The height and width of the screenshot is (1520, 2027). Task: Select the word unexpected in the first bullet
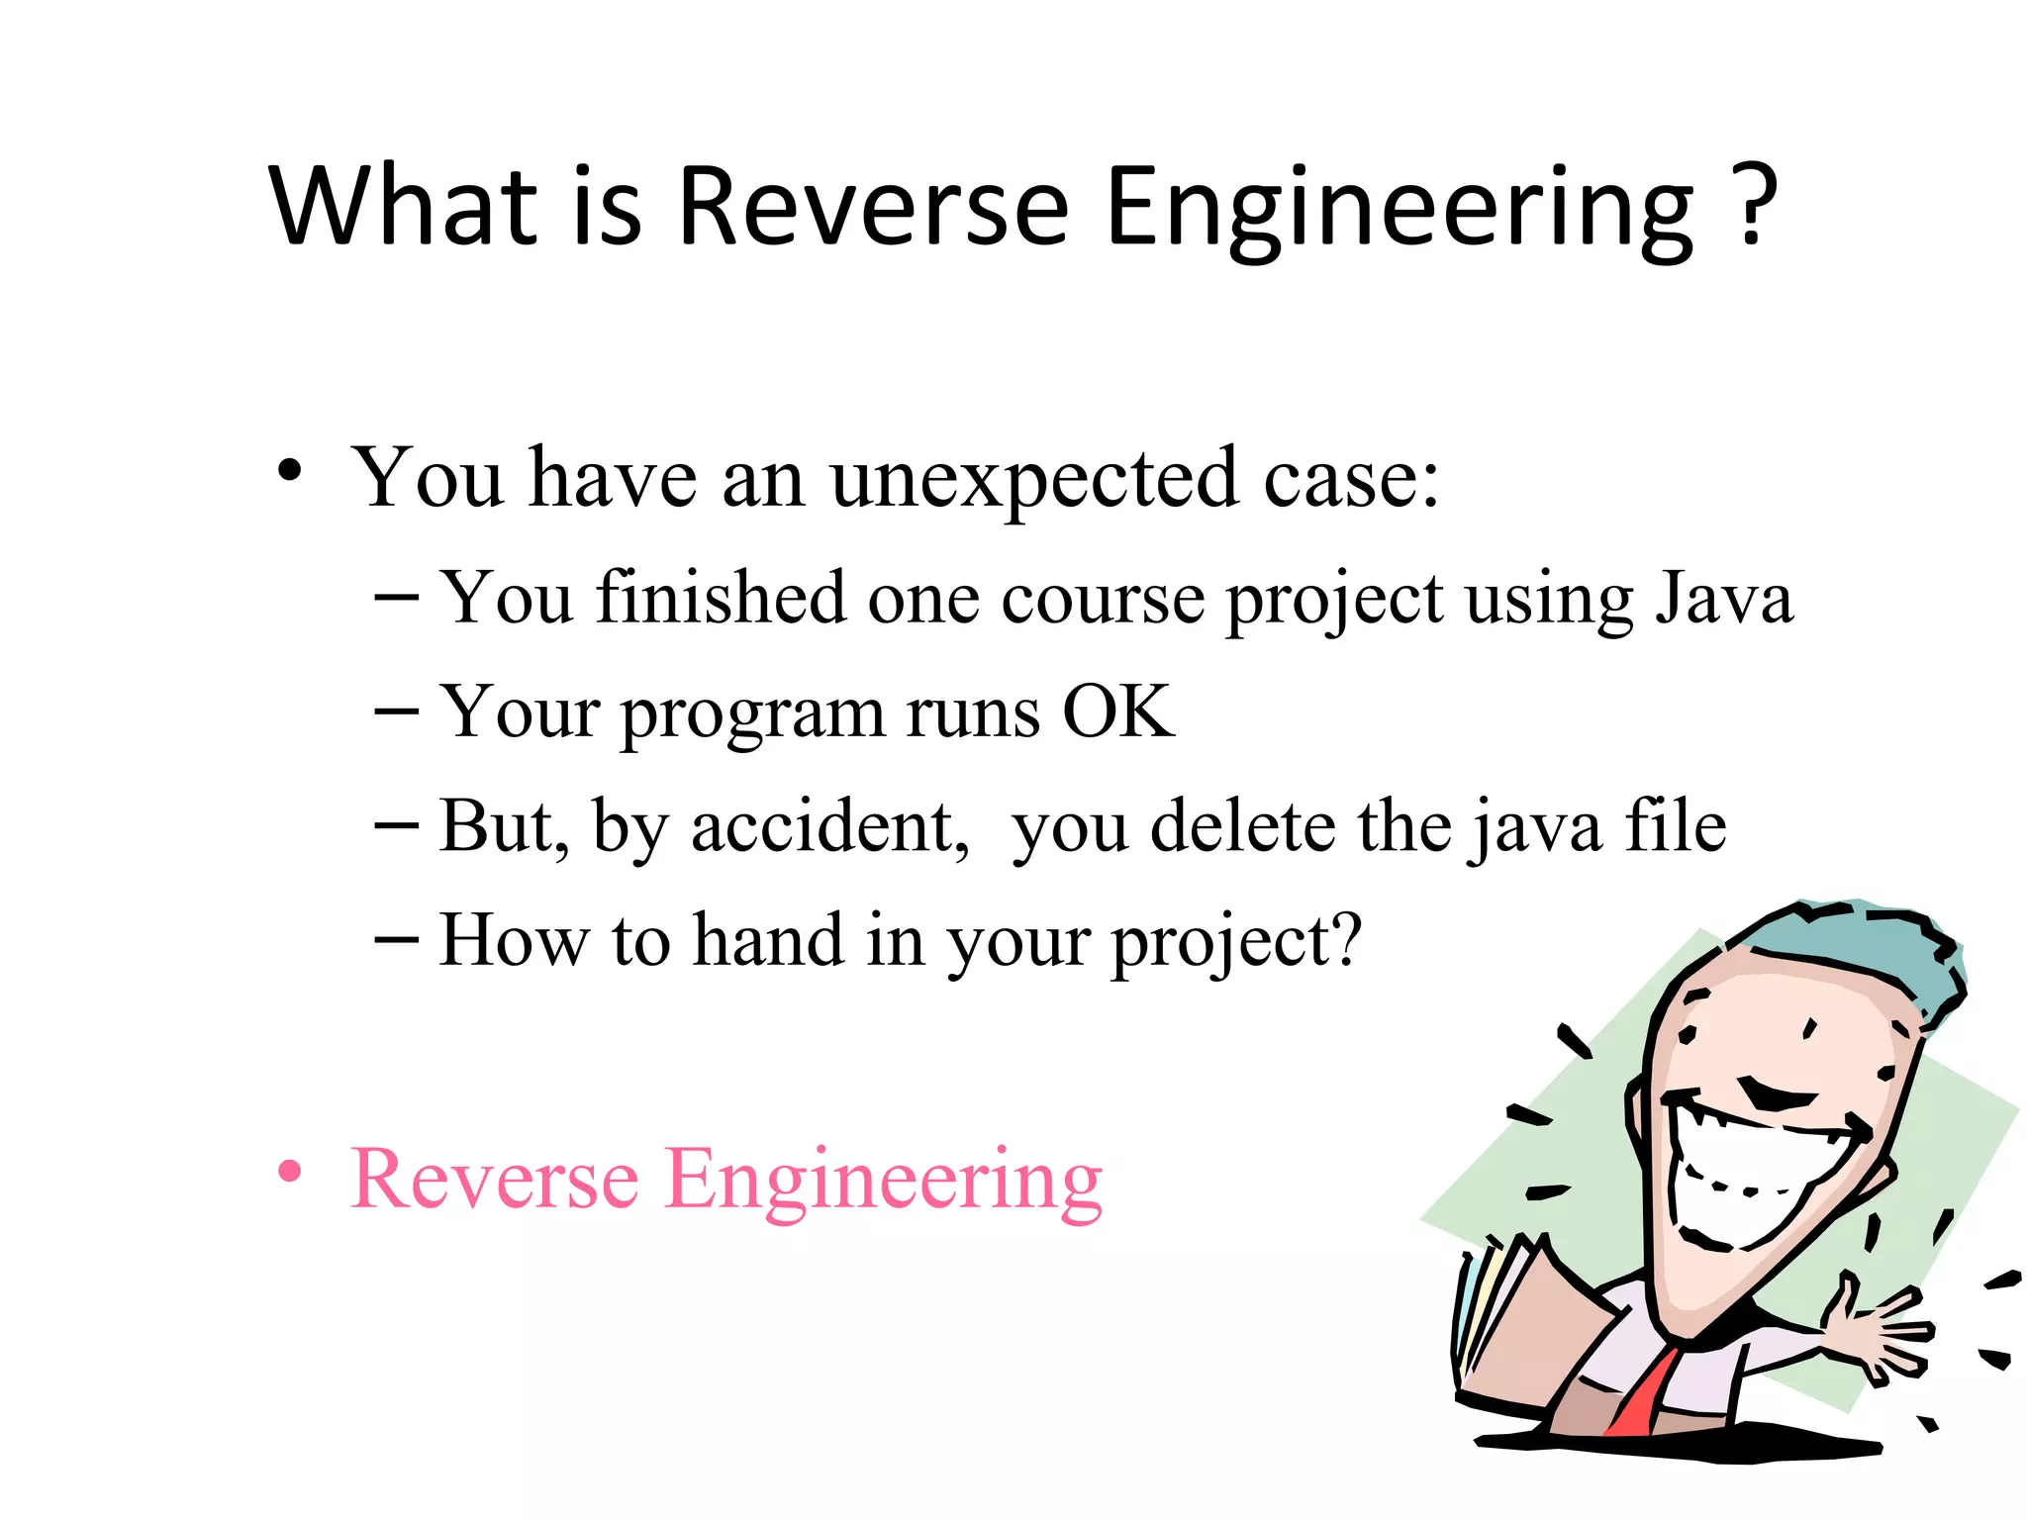point(1033,480)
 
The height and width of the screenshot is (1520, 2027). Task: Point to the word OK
point(1117,712)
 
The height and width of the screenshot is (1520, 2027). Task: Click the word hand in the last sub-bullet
point(767,939)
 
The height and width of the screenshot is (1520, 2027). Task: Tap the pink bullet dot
point(289,1173)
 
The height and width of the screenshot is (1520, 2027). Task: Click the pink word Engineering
point(883,1180)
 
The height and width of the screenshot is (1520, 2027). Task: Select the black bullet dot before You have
point(289,470)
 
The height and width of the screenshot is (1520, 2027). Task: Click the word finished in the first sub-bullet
point(721,598)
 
